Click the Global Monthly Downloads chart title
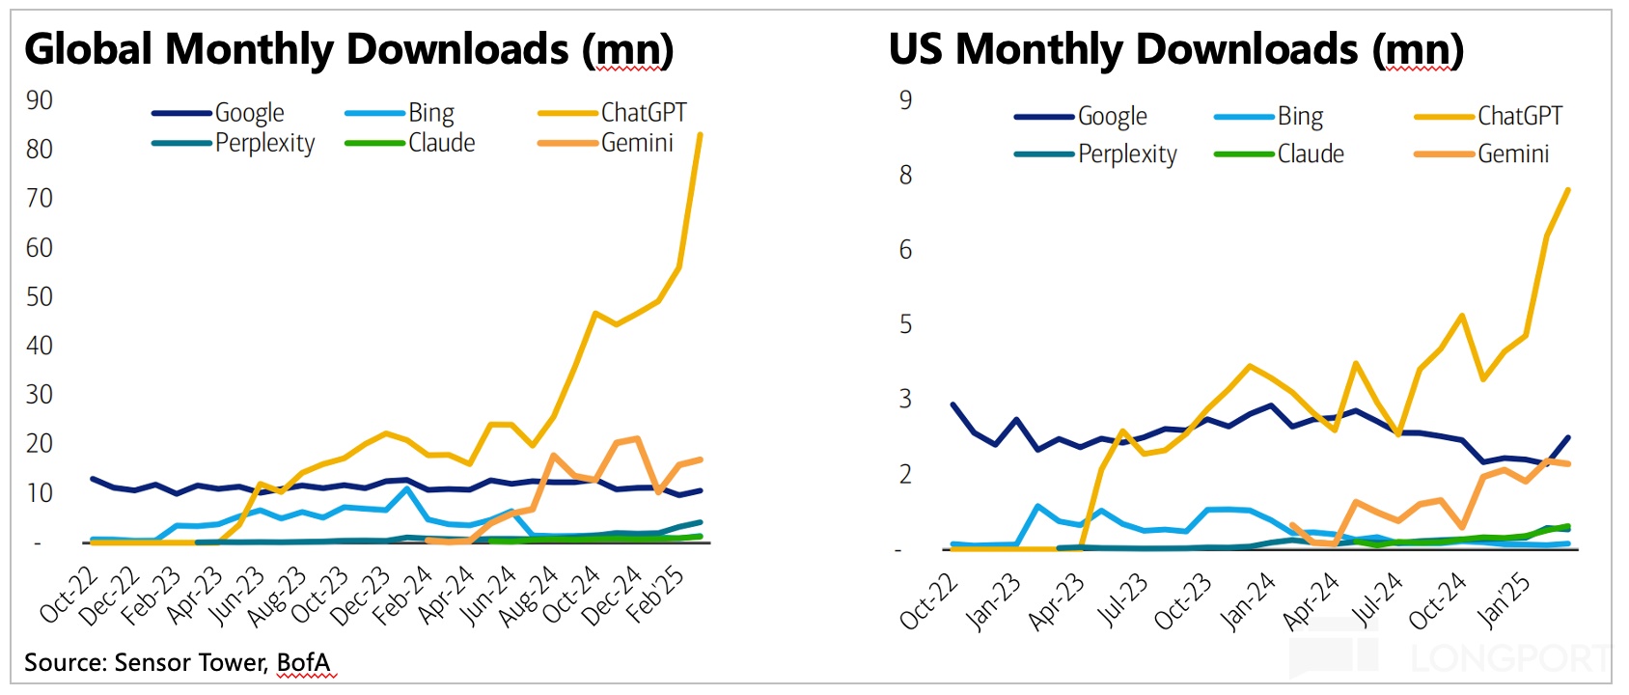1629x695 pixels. (x=348, y=49)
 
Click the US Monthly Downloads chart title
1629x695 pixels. (x=1175, y=49)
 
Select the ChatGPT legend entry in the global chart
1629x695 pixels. (x=643, y=113)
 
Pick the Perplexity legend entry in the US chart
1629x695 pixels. (x=1126, y=154)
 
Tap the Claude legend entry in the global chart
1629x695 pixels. (x=441, y=143)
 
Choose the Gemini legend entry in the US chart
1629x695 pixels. (x=1512, y=154)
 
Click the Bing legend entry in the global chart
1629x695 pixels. (x=430, y=113)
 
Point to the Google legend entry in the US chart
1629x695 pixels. (x=1112, y=117)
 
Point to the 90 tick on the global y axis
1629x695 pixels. (x=40, y=100)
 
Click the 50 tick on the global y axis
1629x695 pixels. (x=40, y=296)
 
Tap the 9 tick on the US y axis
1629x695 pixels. (x=905, y=100)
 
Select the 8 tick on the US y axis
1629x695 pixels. (x=905, y=175)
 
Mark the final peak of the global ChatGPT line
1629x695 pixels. (x=700, y=134)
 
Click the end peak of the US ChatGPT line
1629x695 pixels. (x=1568, y=189)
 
